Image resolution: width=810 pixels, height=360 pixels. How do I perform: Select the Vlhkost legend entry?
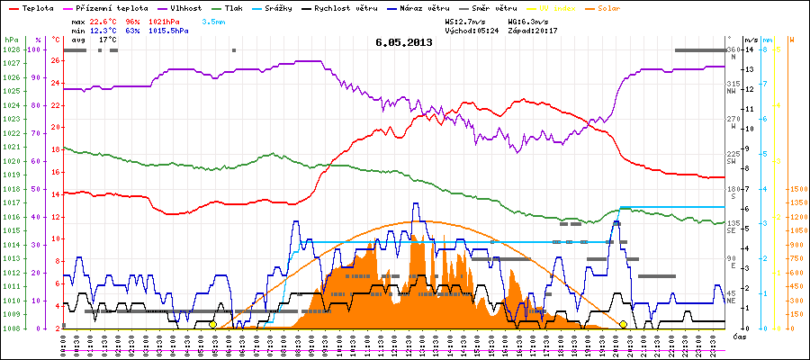pyautogui.click(x=183, y=7)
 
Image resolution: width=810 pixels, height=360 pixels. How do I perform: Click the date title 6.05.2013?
pyautogui.click(x=404, y=41)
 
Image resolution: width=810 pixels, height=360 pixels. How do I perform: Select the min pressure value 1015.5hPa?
pyautogui.click(x=171, y=30)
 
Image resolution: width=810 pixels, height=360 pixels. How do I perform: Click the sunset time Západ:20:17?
pyautogui.click(x=533, y=30)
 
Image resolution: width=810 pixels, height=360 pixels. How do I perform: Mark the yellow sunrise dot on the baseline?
pyautogui.click(x=213, y=324)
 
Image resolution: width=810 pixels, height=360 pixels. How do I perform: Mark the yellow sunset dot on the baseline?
pyautogui.click(x=623, y=324)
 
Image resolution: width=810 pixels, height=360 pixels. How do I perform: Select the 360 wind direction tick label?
pyautogui.click(x=733, y=49)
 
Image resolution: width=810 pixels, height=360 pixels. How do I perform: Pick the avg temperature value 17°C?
pyautogui.click(x=107, y=40)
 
